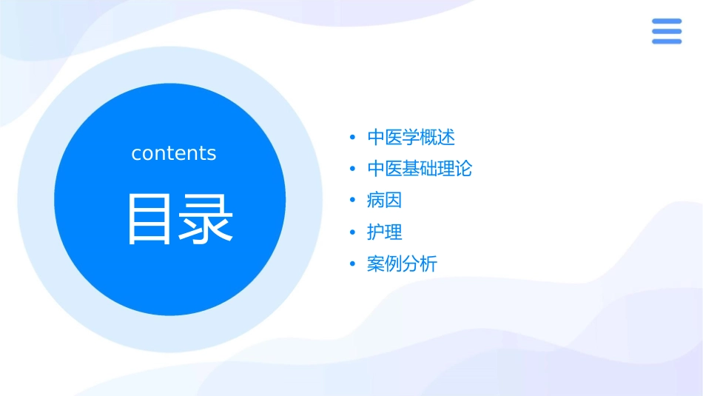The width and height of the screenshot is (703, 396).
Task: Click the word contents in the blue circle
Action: point(174,153)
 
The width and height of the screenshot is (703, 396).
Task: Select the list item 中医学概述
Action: point(411,137)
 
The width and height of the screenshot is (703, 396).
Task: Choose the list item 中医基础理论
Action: point(420,169)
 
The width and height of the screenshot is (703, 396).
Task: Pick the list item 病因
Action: point(384,200)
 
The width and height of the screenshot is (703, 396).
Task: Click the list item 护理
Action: point(384,232)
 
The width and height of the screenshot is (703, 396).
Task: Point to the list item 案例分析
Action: point(402,264)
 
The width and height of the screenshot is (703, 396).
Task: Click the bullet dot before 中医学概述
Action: point(353,138)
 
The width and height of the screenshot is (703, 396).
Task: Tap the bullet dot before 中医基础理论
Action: point(353,170)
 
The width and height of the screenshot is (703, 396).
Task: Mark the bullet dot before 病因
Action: point(353,201)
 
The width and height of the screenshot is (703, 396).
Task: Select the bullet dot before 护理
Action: point(353,232)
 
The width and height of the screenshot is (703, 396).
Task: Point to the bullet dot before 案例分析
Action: point(353,264)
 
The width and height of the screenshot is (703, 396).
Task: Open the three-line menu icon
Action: point(667,31)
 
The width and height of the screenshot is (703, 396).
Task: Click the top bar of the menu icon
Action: point(667,21)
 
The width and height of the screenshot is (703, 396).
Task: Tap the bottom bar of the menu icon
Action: point(667,41)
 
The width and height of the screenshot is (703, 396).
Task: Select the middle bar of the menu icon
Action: point(667,31)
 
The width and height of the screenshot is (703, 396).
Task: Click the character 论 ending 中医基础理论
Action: point(464,169)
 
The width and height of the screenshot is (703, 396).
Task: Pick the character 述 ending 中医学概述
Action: point(446,137)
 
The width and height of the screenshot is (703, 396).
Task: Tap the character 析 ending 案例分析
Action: point(429,264)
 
